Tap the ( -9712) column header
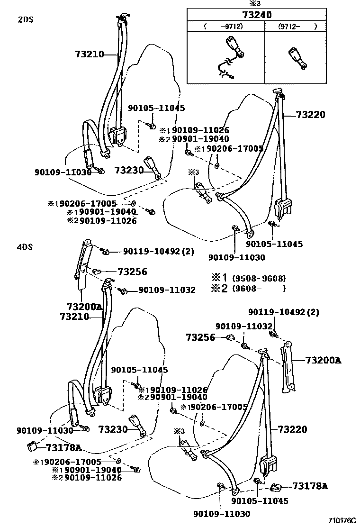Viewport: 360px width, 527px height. coord(225,27)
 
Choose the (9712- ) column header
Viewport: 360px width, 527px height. coord(290,27)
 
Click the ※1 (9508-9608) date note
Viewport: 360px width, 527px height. coord(249,278)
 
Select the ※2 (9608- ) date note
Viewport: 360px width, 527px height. coord(249,288)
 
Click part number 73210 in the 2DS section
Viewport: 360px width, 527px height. coord(89,54)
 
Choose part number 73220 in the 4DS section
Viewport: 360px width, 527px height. coord(292,429)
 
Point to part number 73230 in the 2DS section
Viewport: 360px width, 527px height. coord(128,170)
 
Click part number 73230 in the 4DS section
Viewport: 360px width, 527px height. coord(113,429)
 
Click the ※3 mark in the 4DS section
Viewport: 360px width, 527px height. coord(179,431)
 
